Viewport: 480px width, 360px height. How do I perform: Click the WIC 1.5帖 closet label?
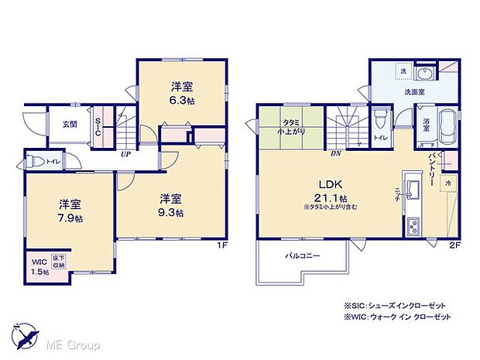coord(39,266)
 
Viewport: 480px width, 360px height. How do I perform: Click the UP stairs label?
coord(123,153)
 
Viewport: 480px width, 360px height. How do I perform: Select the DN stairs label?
coord(336,153)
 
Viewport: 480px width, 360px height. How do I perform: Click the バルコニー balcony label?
coord(298,255)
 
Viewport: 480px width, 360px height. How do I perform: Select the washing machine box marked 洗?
coord(402,71)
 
